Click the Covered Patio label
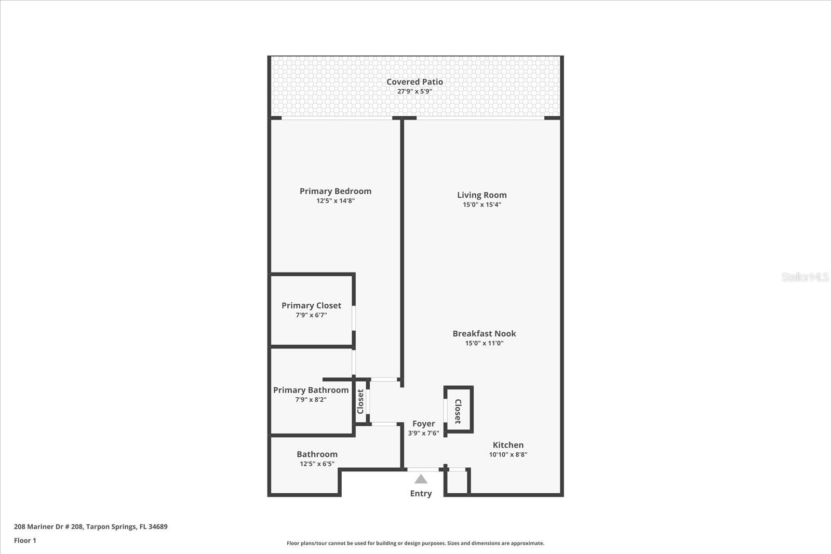pyautogui.click(x=414, y=82)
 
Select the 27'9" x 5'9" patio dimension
pyautogui.click(x=414, y=91)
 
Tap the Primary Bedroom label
pyautogui.click(x=335, y=191)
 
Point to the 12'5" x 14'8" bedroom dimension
pyautogui.click(x=335, y=200)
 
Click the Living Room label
pyautogui.click(x=481, y=195)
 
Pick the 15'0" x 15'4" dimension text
pyautogui.click(x=481, y=205)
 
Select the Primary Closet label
pyautogui.click(x=311, y=306)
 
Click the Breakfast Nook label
pyautogui.click(x=484, y=334)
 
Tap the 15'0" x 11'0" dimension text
pyautogui.click(x=484, y=343)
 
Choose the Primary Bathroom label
pyautogui.click(x=311, y=390)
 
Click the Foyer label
pyautogui.click(x=423, y=424)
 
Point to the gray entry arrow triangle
pyautogui.click(x=421, y=480)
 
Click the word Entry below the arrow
pyautogui.click(x=421, y=494)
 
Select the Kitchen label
pyautogui.click(x=508, y=445)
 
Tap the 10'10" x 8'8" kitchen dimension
pyautogui.click(x=508, y=454)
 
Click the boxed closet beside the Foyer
pyautogui.click(x=459, y=410)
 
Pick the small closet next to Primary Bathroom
pyautogui.click(x=360, y=402)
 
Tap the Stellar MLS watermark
pyautogui.click(x=805, y=277)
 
